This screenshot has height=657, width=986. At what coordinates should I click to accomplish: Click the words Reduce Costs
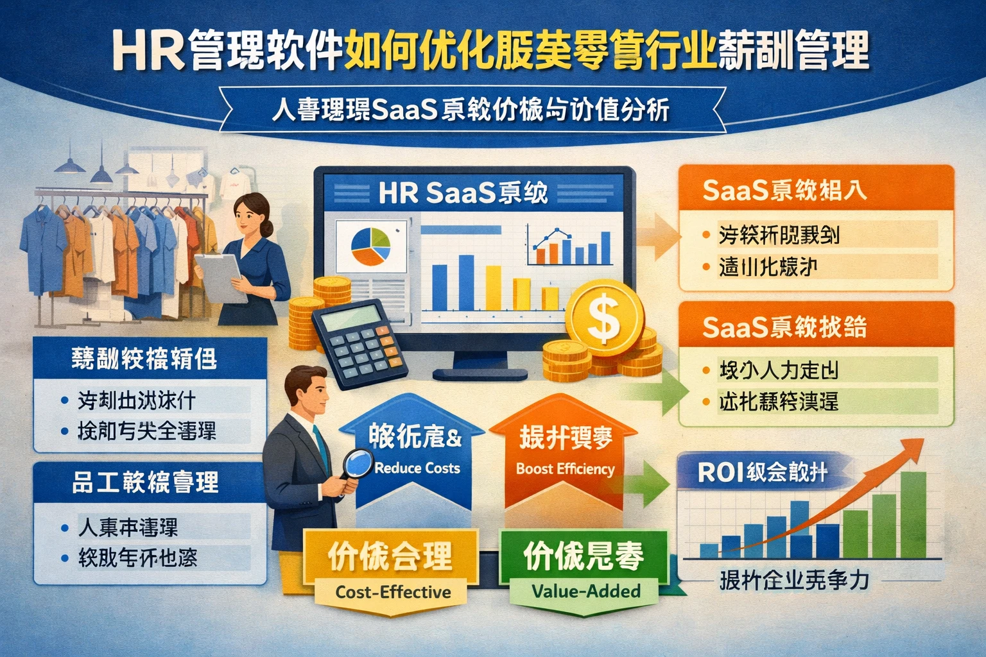click(x=417, y=468)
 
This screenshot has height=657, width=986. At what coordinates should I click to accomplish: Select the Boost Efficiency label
click(x=565, y=468)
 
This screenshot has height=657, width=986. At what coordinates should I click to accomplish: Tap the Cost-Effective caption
click(x=393, y=592)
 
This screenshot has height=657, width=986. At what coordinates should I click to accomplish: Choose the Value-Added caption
click(x=586, y=591)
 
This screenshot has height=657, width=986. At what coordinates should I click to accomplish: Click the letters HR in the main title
click(x=148, y=51)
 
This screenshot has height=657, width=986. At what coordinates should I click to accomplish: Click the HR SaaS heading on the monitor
click(x=462, y=192)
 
